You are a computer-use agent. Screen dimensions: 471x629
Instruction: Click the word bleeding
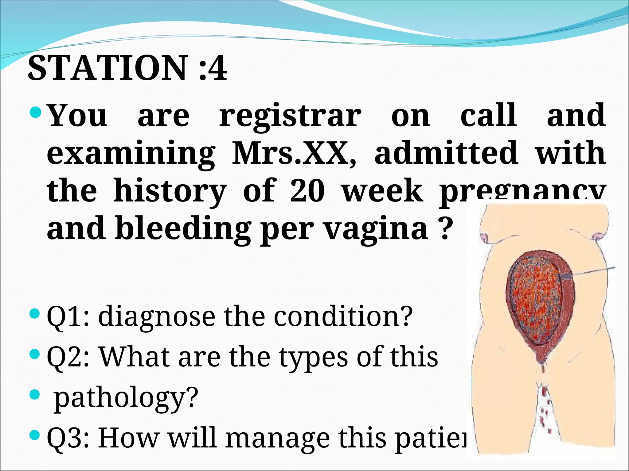click(183, 228)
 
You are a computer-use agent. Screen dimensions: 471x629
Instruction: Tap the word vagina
click(377, 228)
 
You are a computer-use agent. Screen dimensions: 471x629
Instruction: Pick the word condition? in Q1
click(343, 316)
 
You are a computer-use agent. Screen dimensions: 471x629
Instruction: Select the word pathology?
click(126, 398)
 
